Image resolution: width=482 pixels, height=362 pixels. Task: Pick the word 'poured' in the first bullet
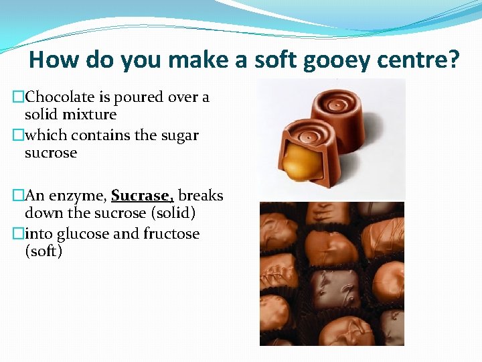click(x=136, y=97)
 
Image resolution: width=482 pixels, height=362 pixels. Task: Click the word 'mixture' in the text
click(x=92, y=115)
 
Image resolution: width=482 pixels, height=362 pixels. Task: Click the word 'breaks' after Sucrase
click(x=201, y=196)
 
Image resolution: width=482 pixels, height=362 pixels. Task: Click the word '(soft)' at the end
click(x=44, y=251)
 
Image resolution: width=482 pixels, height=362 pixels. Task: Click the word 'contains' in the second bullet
click(x=101, y=135)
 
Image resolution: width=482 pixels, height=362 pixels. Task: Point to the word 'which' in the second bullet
click(x=46, y=135)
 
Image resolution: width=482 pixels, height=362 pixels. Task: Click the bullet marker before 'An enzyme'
click(x=18, y=196)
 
